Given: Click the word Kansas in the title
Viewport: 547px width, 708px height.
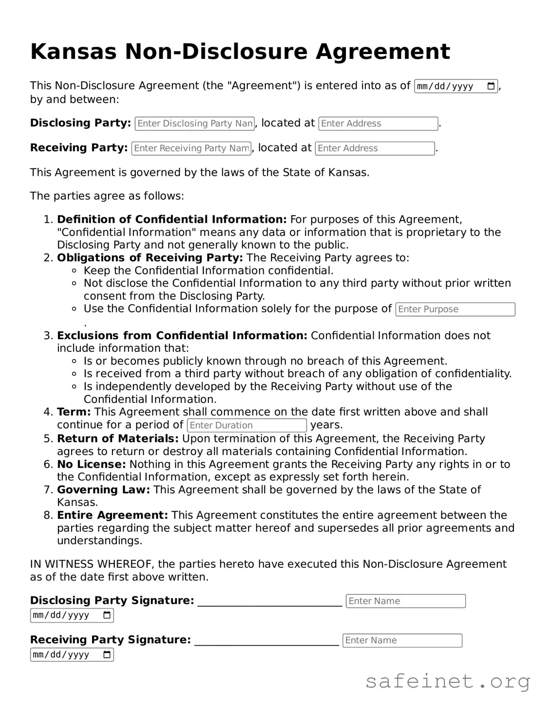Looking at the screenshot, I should pos(73,52).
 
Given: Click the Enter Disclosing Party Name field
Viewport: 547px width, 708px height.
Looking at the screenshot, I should pos(195,124).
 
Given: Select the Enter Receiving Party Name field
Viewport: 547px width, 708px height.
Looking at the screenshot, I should pos(191,148).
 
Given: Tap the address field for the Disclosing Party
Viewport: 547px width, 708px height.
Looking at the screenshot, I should pos(378,124).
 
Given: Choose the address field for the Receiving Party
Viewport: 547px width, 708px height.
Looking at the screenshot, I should pos(375,148).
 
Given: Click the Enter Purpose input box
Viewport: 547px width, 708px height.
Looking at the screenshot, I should pos(455,309).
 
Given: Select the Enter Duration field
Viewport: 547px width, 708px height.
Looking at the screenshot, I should pos(247,425).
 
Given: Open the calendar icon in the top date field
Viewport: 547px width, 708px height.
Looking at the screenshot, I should pos(491,87).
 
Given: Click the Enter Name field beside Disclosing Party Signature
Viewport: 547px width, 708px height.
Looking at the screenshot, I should pos(405,601).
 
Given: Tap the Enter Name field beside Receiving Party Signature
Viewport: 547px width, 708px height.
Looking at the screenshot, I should pos(402,640).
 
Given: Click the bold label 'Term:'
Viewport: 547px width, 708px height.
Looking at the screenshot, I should pos(74,412).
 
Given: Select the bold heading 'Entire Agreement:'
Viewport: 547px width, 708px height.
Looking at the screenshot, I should pos(112,515).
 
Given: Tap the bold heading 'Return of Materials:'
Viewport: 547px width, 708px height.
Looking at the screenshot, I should pos(118,438).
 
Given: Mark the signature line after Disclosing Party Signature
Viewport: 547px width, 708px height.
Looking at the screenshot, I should pos(270,603).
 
